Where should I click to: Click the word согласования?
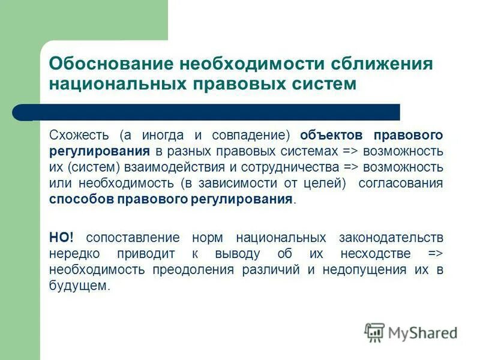tap(401, 183)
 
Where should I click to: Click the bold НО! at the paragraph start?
tap(61, 238)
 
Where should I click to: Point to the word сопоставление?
tap(133, 238)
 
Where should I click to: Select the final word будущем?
tap(79, 286)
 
